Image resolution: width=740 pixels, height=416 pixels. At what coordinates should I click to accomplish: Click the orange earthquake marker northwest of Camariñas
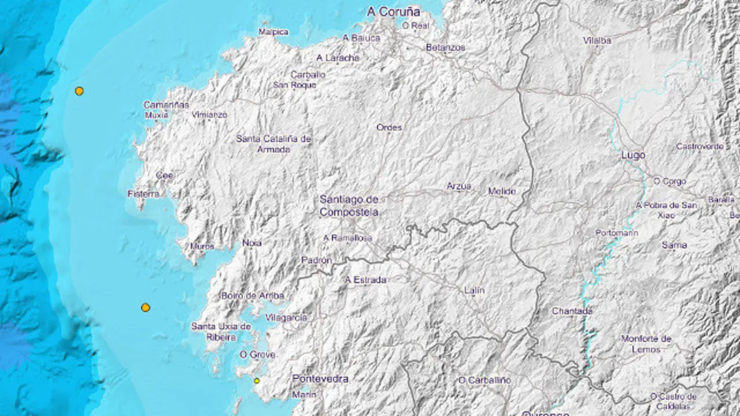tap(79, 91)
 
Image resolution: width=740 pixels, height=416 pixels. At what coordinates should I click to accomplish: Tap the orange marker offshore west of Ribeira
tap(146, 307)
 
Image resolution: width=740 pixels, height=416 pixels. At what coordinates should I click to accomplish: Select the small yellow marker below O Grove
tap(257, 381)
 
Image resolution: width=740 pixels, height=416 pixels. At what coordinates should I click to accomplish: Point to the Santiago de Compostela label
tap(349, 206)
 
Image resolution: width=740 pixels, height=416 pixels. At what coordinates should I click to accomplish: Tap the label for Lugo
tap(633, 155)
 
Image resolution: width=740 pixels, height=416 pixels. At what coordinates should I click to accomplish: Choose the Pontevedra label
tap(320, 378)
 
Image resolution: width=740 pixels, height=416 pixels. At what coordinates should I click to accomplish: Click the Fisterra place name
tap(143, 194)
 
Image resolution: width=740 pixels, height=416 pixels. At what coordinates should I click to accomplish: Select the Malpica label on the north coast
tap(273, 32)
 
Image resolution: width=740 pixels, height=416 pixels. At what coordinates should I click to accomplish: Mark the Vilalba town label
tap(597, 40)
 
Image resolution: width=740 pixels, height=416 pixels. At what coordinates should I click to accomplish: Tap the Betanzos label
tap(445, 47)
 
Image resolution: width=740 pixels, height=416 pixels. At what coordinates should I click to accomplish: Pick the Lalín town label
tap(474, 290)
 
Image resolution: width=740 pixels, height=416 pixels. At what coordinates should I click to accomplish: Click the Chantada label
tap(572, 311)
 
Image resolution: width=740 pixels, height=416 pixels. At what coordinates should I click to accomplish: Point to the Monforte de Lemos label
tap(646, 344)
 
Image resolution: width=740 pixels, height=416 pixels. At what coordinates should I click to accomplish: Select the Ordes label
tap(389, 127)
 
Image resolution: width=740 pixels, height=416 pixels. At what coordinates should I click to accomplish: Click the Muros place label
tap(202, 246)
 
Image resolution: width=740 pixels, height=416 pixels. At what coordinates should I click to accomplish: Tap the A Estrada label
tap(365, 280)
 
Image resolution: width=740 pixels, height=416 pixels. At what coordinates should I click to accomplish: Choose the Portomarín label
tap(617, 233)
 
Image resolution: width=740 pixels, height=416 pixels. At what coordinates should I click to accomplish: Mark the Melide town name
tap(502, 191)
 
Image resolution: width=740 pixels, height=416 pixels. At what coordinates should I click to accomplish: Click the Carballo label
tap(308, 75)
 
